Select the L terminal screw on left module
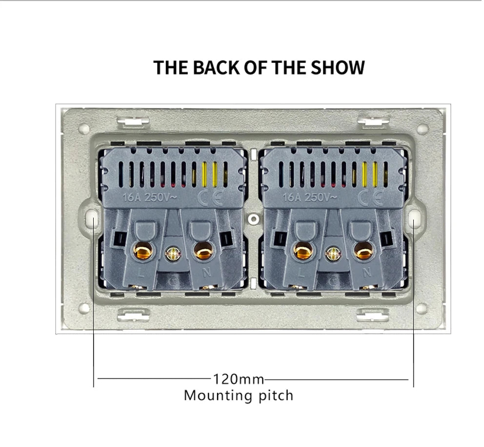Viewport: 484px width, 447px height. (142, 250)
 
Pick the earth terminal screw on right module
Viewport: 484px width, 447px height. (332, 253)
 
